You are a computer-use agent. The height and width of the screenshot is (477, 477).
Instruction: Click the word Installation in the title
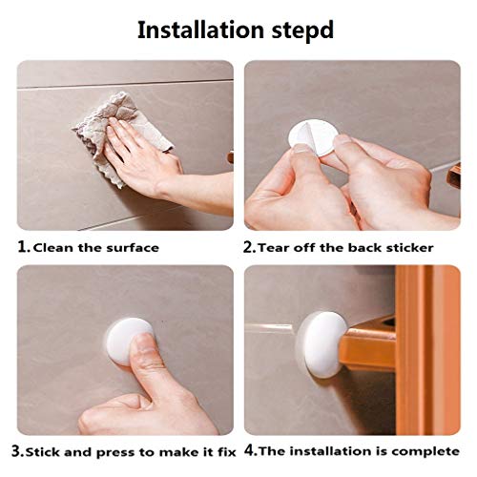point(199,29)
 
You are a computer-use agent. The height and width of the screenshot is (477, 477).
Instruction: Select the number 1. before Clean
point(24,247)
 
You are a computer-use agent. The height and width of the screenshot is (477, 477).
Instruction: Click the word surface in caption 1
point(131,247)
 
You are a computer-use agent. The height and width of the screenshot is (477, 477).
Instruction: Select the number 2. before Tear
point(250,247)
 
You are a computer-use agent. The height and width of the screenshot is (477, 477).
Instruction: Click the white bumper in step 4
point(320,342)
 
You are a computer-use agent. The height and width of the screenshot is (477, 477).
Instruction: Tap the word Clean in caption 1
point(53,247)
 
